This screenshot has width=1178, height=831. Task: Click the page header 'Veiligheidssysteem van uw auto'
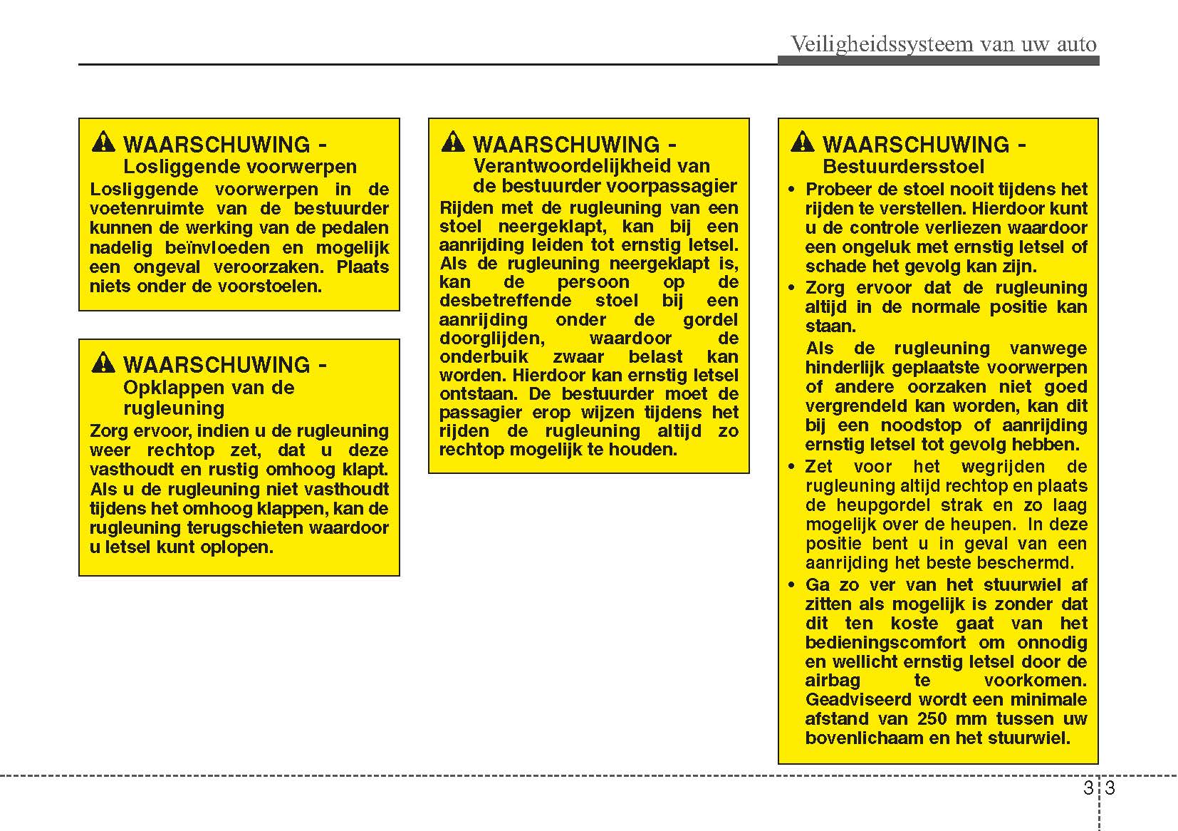tap(944, 44)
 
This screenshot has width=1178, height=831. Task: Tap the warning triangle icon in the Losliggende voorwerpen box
tap(103, 143)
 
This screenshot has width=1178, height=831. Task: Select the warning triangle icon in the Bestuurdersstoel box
tap(802, 143)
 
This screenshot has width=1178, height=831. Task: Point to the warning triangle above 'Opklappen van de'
tap(103, 363)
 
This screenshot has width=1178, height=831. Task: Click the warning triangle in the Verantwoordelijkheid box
tap(453, 143)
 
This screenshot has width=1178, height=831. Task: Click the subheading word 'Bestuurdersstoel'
tap(903, 167)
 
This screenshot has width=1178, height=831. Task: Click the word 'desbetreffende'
tap(505, 301)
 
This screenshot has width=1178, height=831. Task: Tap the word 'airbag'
tap(833, 681)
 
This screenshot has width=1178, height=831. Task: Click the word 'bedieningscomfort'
tap(885, 642)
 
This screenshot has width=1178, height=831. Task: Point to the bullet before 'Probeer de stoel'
tap(792, 190)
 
